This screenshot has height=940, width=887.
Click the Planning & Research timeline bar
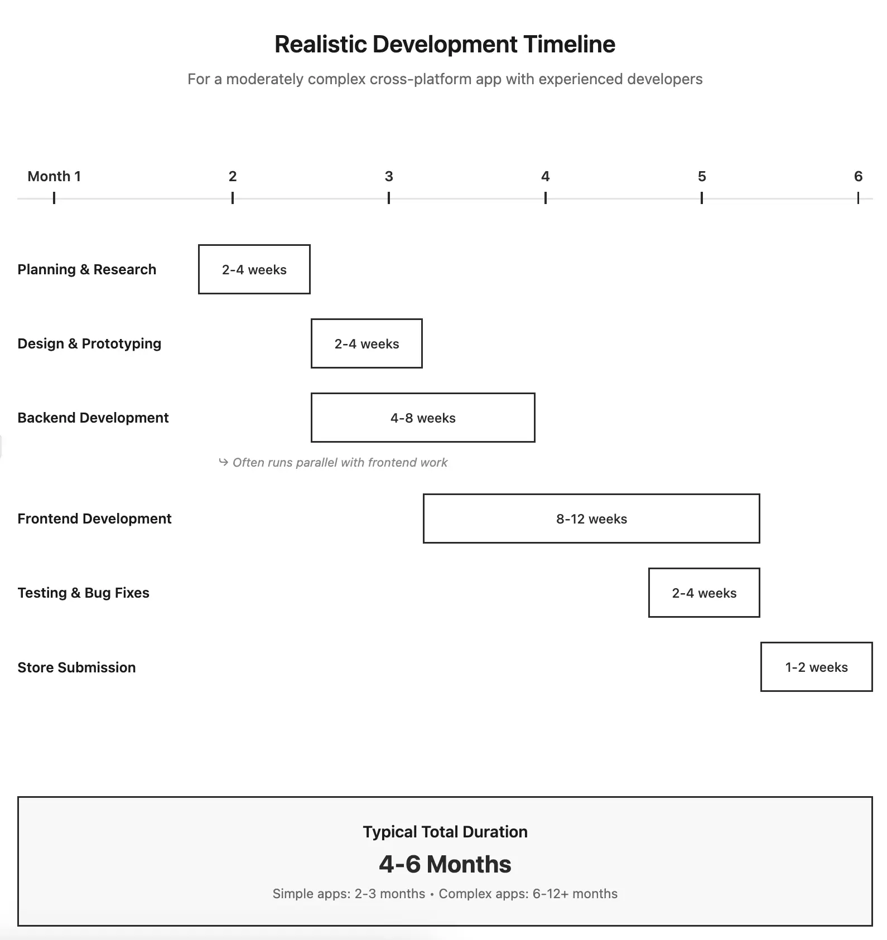[x=254, y=269]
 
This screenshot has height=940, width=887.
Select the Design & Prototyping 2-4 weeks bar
[x=367, y=343]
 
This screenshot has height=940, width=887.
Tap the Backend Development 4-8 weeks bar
[x=423, y=418]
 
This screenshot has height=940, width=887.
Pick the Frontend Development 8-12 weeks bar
[x=591, y=519]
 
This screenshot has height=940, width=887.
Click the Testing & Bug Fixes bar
[x=704, y=593]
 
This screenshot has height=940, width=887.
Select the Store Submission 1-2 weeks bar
[x=816, y=667]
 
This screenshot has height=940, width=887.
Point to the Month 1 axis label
[x=54, y=177]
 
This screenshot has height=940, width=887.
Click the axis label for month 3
[x=389, y=177]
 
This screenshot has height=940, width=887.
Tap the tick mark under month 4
[x=545, y=198]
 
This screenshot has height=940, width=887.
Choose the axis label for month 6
[x=858, y=177]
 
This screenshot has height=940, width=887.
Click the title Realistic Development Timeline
[x=445, y=45]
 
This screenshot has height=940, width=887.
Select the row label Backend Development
[x=93, y=418]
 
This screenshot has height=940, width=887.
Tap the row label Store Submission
[x=76, y=667]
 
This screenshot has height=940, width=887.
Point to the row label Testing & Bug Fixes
[x=83, y=593]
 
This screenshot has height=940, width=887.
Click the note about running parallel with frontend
[x=340, y=462]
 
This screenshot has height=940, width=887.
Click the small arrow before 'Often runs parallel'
[x=223, y=462]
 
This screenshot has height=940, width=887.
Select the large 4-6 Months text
[x=445, y=864]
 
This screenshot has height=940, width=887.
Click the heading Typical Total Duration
[x=445, y=832]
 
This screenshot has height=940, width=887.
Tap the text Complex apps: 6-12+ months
[x=528, y=894]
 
